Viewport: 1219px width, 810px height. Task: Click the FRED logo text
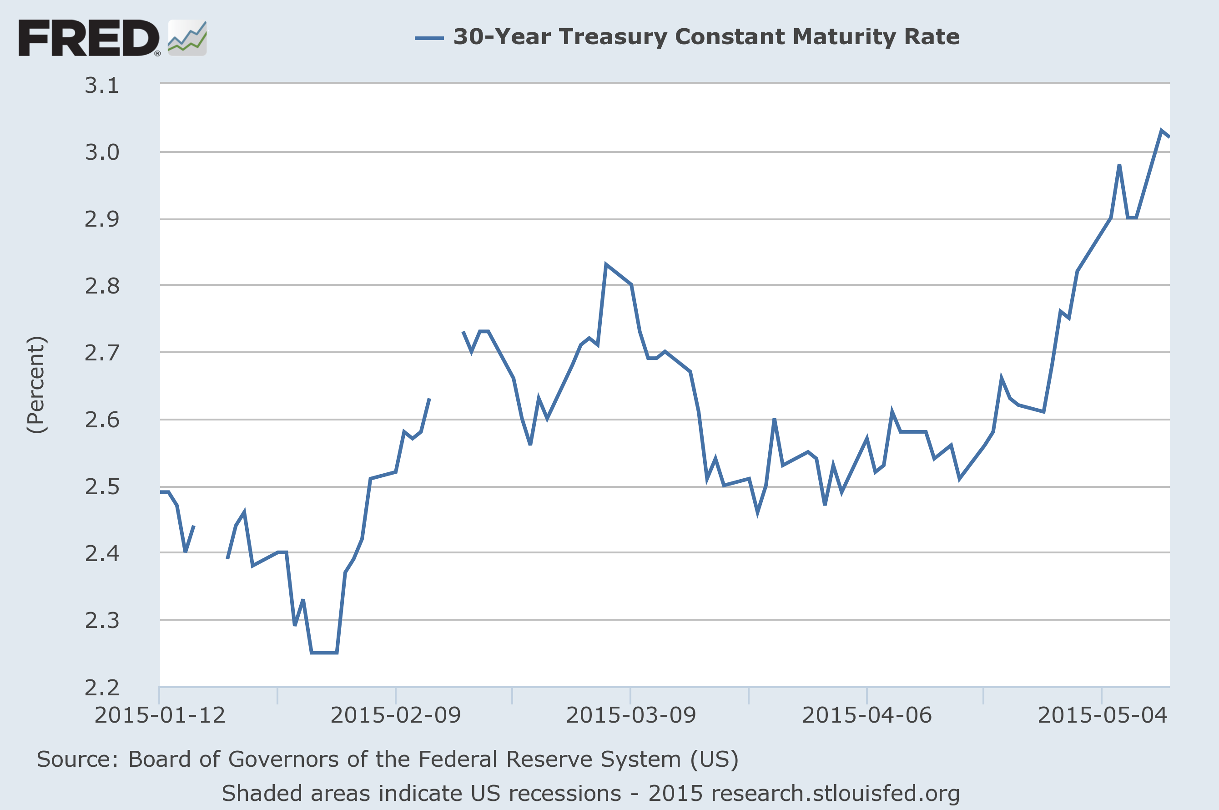tap(89, 38)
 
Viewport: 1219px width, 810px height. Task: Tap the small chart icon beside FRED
tap(187, 38)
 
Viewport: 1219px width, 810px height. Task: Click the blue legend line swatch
tap(429, 38)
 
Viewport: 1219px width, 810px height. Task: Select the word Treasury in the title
tap(613, 37)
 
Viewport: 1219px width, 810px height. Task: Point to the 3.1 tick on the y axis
tap(102, 85)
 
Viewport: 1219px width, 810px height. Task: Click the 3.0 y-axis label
tap(102, 152)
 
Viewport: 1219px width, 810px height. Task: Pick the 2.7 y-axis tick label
tap(102, 353)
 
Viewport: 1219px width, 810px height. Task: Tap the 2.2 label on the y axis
tap(102, 688)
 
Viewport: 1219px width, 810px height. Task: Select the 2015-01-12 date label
tap(160, 715)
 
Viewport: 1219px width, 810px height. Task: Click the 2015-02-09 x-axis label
tap(395, 715)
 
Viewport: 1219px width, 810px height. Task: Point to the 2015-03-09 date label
tap(631, 715)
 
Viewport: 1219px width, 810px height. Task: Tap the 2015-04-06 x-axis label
tap(867, 715)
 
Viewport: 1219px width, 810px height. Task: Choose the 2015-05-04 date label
tap(1102, 715)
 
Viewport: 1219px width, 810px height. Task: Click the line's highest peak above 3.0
tap(1161, 130)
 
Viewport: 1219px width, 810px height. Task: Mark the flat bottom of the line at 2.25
tap(324, 653)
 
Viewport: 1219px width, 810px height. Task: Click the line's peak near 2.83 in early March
tap(606, 264)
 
